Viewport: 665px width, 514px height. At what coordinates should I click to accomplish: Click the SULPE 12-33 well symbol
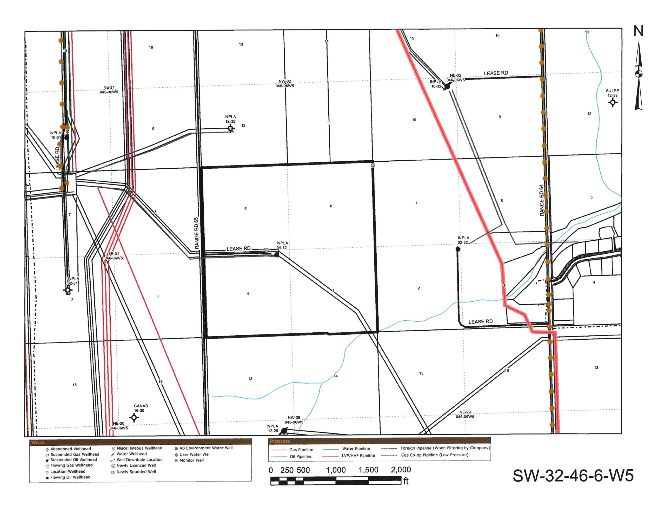613,102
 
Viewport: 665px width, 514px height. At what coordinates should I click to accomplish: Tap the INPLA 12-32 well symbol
230,128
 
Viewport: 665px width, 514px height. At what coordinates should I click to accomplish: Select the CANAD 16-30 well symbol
134,417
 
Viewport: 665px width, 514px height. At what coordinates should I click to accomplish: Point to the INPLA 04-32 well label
282,245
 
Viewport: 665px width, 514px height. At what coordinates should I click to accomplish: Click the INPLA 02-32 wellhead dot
458,249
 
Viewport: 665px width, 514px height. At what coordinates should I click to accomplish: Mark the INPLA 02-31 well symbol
68,290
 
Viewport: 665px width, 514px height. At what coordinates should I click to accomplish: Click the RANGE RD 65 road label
197,233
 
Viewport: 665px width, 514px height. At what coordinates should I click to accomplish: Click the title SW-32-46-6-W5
573,475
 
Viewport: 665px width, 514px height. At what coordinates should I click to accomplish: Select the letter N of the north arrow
639,31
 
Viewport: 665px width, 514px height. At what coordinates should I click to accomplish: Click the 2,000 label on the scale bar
401,470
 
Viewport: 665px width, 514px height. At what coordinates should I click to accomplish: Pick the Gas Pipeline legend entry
301,450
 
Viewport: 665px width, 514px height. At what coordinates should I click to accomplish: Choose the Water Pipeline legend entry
356,449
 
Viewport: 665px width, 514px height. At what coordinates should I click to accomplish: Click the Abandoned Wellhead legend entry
70,449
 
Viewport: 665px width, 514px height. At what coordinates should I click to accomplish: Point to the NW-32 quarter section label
285,83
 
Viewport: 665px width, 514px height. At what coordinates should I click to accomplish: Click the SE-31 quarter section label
114,256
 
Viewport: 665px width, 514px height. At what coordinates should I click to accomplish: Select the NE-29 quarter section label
465,414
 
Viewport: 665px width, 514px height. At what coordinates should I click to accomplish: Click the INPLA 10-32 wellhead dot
447,87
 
